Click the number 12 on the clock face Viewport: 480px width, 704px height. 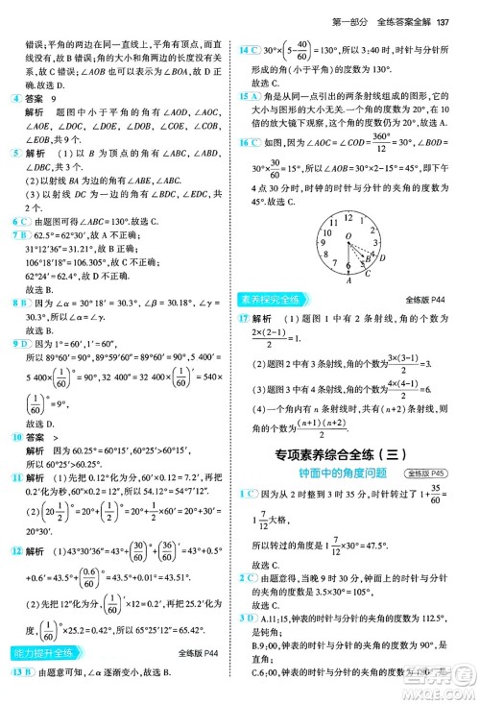(x=349, y=217)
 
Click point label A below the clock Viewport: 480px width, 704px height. (x=349, y=279)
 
